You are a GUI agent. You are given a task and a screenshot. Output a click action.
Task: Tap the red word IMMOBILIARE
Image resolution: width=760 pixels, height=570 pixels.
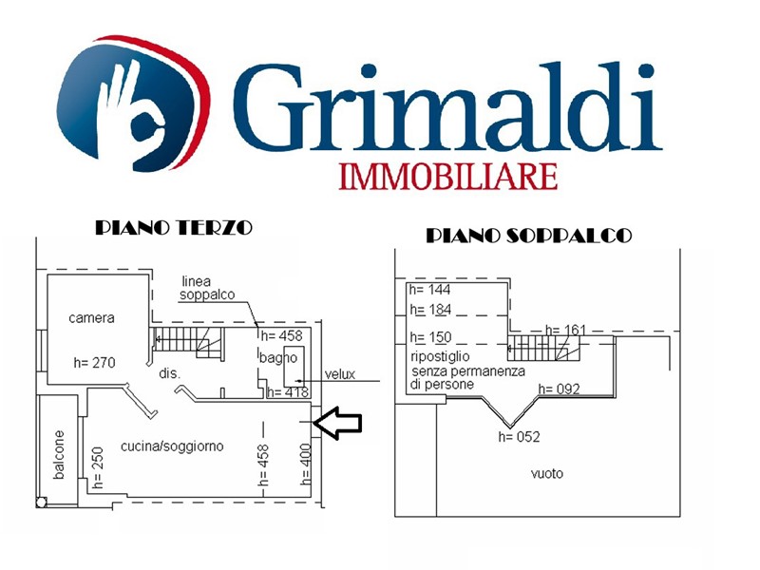[447, 177]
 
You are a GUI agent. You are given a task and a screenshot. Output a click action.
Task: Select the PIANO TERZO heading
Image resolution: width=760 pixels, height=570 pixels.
[174, 227]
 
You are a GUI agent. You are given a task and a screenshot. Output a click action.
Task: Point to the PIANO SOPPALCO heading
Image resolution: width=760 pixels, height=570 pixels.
[529, 236]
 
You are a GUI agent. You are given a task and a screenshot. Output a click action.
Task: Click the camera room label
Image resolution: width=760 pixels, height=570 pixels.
[91, 318]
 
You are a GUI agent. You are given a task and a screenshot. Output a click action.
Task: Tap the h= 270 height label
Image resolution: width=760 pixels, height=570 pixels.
[94, 362]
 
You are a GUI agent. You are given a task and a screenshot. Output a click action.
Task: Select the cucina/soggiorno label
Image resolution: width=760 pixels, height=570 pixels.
[172, 446]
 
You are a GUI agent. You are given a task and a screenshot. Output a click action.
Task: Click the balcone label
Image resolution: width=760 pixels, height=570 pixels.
[59, 455]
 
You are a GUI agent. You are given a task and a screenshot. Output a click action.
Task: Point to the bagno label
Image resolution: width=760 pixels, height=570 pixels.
[277, 358]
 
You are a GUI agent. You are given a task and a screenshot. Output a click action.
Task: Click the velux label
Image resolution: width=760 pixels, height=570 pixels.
[340, 374]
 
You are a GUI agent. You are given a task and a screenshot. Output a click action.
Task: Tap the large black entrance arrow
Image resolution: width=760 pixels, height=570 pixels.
[337, 423]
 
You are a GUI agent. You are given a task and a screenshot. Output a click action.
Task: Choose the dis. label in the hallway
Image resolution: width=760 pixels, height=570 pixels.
[170, 373]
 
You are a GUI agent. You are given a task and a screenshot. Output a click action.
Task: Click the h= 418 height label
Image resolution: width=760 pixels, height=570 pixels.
[288, 392]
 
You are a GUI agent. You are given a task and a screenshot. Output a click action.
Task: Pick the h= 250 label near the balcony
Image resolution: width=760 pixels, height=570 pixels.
[98, 467]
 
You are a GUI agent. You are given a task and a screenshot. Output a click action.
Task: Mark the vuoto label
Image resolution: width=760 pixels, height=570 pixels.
[547, 473]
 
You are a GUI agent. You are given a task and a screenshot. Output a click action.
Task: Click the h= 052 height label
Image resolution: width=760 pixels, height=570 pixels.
[519, 437]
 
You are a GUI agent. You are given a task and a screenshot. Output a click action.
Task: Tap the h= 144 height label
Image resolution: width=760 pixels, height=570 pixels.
[429, 290]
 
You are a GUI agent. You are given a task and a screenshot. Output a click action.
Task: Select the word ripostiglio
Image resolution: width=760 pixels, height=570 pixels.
[440, 357]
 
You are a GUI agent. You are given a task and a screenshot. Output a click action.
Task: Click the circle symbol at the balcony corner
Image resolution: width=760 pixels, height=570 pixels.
[41, 503]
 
